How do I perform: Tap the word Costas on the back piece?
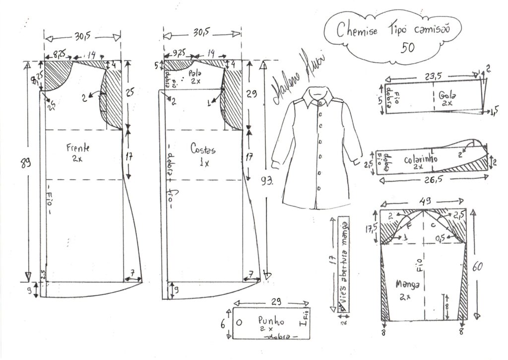coord(202,148)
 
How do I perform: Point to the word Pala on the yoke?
coord(193,73)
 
